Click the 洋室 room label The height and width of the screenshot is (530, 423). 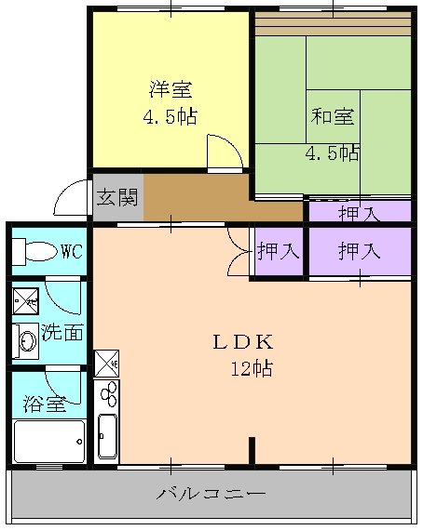(x=171, y=90)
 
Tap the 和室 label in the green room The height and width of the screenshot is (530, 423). (x=333, y=117)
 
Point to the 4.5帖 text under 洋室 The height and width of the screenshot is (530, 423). (x=171, y=118)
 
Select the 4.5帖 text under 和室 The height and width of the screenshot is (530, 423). (x=333, y=152)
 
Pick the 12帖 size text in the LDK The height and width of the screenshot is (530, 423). (x=252, y=369)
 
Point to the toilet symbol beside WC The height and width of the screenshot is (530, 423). (x=37, y=251)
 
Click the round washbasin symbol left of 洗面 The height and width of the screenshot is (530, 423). (x=25, y=340)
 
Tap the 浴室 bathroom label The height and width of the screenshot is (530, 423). (x=44, y=405)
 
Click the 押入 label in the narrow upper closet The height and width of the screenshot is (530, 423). (x=359, y=213)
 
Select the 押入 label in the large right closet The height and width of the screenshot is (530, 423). (x=359, y=250)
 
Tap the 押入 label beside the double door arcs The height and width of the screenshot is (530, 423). (x=278, y=250)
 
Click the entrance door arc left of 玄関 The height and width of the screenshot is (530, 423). (x=71, y=199)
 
